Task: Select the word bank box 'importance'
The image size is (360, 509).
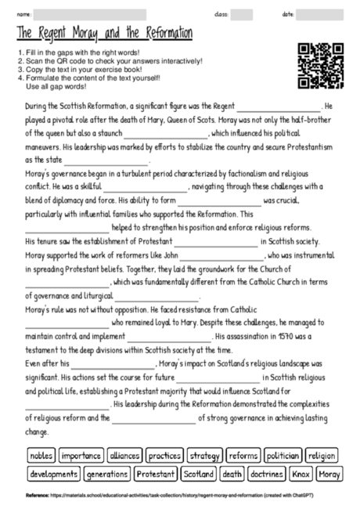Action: point(81,455)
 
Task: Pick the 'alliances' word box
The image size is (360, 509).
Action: point(124,455)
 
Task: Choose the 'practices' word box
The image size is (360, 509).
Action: point(164,455)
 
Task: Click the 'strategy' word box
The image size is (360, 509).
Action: point(204,455)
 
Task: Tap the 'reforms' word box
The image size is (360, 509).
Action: point(243,455)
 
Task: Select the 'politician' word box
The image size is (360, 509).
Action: point(283,455)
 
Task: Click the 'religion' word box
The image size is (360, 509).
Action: point(322,455)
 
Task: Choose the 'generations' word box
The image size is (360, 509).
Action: point(106,474)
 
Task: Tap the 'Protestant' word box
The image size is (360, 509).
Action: point(155,474)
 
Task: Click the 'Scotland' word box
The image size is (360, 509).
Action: point(197,474)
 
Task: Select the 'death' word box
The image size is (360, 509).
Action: point(232,474)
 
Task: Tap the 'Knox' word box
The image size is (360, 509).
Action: point(301,474)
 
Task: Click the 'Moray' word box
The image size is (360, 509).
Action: point(329,474)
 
